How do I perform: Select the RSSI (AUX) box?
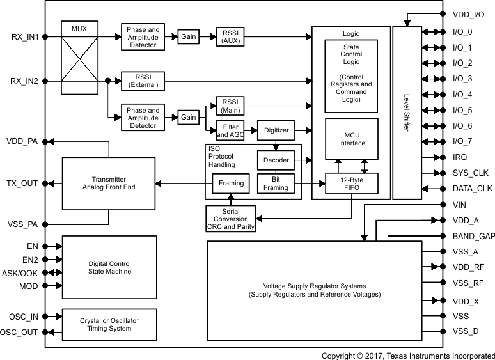point(230,36)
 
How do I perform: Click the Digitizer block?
point(276,130)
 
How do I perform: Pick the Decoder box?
point(276,160)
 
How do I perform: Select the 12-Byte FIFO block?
point(351,184)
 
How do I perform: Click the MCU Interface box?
point(351,139)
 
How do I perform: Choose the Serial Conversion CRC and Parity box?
point(231,218)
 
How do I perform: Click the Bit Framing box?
point(276,184)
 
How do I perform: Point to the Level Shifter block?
point(406,113)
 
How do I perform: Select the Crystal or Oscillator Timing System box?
point(109,324)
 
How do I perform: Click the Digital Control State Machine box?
point(109,267)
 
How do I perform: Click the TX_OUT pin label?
point(22,184)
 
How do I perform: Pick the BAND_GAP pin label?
point(473,237)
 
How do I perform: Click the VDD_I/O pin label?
point(469,14)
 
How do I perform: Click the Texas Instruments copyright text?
point(407,355)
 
